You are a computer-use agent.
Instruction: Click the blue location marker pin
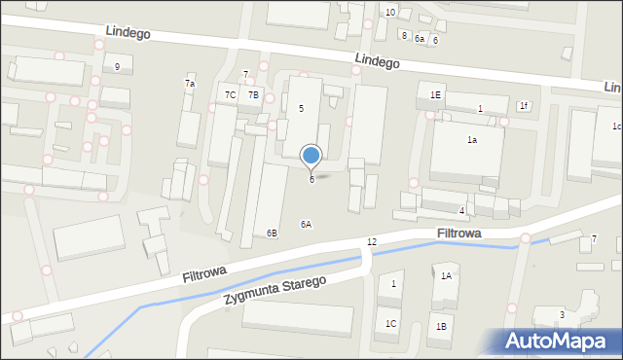[311, 156]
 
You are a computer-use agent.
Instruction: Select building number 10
[389, 12]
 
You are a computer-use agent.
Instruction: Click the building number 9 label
[117, 66]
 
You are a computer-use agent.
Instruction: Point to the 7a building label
[190, 84]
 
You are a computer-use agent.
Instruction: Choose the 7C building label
[231, 94]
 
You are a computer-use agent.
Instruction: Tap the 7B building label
[253, 94]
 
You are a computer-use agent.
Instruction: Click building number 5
[301, 108]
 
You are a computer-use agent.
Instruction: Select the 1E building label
[435, 94]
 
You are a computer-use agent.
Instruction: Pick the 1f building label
[524, 105]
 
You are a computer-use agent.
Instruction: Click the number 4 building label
[461, 210]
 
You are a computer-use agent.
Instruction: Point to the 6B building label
[272, 233]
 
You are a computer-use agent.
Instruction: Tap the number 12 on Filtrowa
[372, 241]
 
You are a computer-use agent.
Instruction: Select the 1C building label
[391, 323]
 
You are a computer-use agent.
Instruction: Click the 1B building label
[441, 326]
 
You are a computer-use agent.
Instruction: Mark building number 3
[562, 313]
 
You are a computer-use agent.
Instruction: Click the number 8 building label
[404, 36]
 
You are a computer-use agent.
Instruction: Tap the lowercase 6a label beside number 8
[420, 39]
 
